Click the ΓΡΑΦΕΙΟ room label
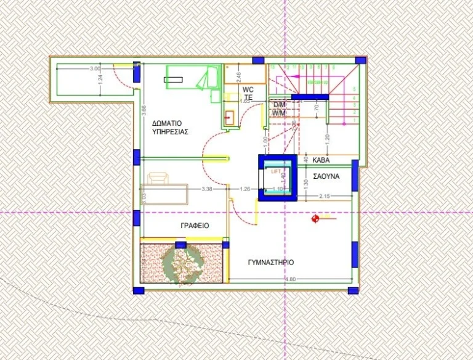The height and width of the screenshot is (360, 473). point(195,226)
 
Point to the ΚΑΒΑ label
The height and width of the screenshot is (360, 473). point(321,160)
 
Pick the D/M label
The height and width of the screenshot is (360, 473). point(278,105)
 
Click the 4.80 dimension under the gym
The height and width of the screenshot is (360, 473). point(291,280)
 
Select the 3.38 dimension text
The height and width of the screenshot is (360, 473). point(206,189)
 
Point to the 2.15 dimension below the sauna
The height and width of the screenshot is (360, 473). point(325,196)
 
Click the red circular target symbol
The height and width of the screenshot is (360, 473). point(316,217)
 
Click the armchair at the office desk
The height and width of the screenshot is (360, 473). point(158,178)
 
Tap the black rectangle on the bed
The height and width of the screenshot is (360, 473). point(174,79)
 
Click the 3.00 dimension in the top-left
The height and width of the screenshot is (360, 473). point(94,68)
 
